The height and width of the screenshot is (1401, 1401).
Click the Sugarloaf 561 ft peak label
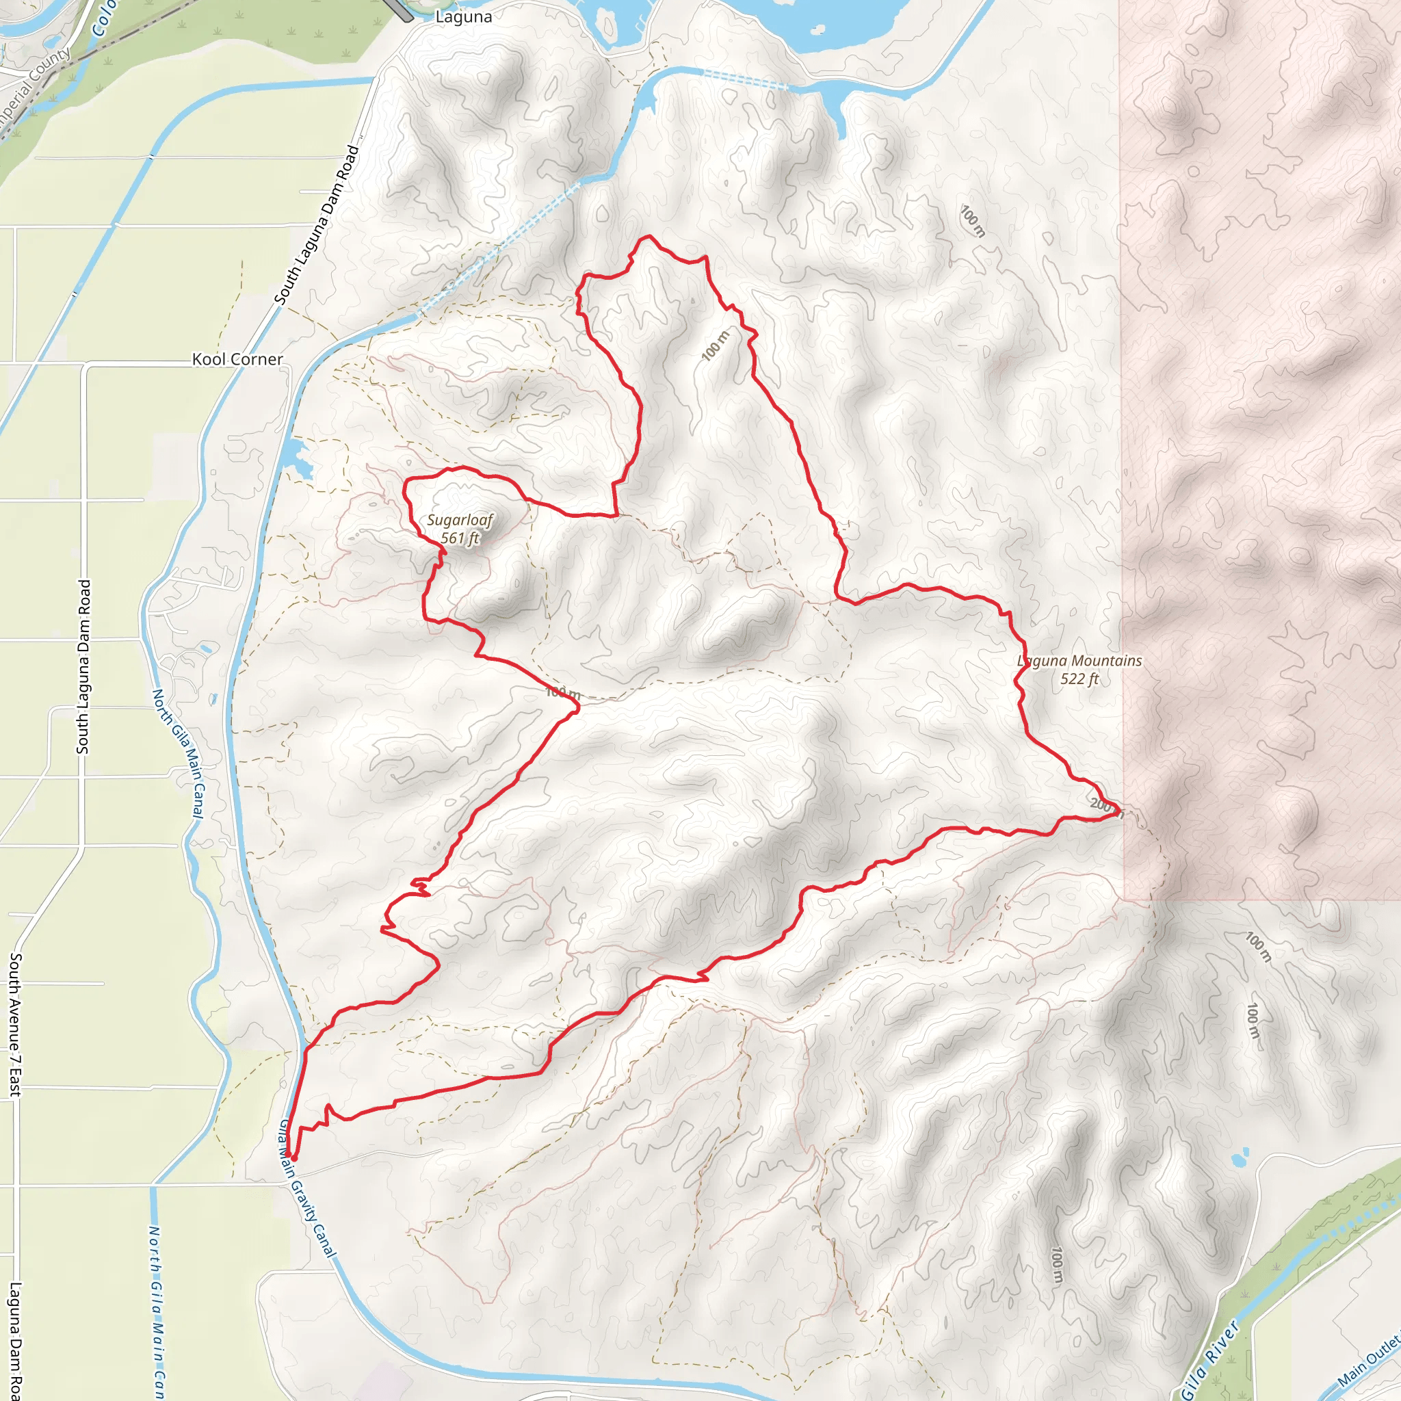460,529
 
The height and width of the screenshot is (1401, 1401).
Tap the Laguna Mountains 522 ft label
1079,669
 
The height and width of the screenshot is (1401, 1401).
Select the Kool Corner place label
237,359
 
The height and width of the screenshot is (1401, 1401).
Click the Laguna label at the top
463,16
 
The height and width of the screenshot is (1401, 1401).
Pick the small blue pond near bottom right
1240,1157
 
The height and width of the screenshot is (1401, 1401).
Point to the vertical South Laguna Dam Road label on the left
83,666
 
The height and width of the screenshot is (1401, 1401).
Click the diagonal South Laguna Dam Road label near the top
317,225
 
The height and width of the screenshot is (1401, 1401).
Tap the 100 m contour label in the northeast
973,220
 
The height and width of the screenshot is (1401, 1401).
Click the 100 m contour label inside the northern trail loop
715,345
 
